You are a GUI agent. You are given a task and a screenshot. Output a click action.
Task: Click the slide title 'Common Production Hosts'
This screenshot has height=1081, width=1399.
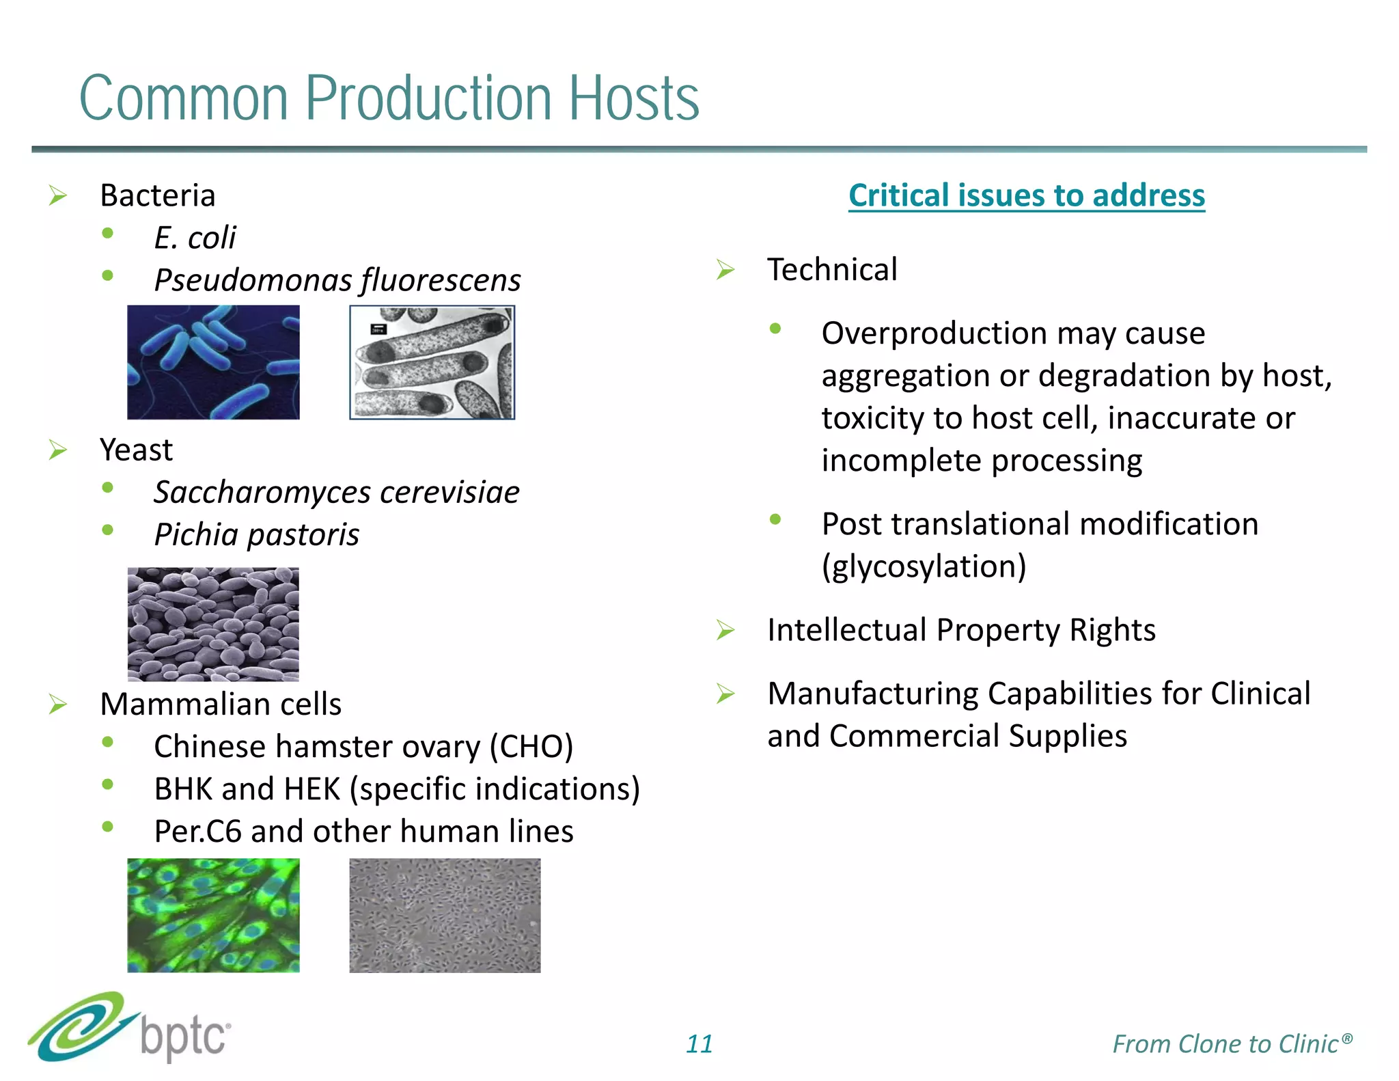pyautogui.click(x=389, y=99)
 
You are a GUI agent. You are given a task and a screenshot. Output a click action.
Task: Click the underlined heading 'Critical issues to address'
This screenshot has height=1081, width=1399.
pyautogui.click(x=1026, y=195)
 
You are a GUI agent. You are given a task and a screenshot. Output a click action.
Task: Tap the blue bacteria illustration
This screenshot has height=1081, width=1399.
pyautogui.click(x=213, y=362)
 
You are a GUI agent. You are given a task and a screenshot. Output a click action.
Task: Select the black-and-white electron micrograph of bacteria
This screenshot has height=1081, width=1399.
pyautogui.click(x=432, y=362)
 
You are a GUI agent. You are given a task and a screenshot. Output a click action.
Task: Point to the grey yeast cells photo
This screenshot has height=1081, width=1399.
pyautogui.click(x=213, y=624)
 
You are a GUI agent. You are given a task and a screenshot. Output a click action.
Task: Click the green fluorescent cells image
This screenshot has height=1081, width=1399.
pyautogui.click(x=213, y=915)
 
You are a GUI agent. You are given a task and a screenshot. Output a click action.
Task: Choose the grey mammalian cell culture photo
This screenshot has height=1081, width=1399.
pyautogui.click(x=445, y=915)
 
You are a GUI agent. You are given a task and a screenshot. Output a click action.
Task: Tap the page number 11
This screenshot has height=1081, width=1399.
pyautogui.click(x=699, y=1044)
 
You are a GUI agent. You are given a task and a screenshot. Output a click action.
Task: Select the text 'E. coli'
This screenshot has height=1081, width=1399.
pyautogui.click(x=195, y=238)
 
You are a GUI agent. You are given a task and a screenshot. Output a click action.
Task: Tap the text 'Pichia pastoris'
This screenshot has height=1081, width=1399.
pyautogui.click(x=256, y=535)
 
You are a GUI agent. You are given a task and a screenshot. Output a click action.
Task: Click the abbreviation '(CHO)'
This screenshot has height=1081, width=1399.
pyautogui.click(x=531, y=747)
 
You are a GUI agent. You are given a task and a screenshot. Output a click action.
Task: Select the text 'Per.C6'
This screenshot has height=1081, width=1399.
pyautogui.click(x=197, y=832)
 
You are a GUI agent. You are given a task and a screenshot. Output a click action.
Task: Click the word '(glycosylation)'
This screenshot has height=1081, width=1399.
pyautogui.click(x=924, y=566)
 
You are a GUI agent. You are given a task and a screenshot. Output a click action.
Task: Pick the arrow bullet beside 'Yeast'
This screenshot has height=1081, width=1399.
pyautogui.click(x=58, y=450)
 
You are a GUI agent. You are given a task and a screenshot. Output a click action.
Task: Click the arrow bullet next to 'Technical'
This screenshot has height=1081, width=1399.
pyautogui.click(x=725, y=270)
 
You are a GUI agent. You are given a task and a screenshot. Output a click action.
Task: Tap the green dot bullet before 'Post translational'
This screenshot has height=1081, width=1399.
pyautogui.click(x=775, y=520)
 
